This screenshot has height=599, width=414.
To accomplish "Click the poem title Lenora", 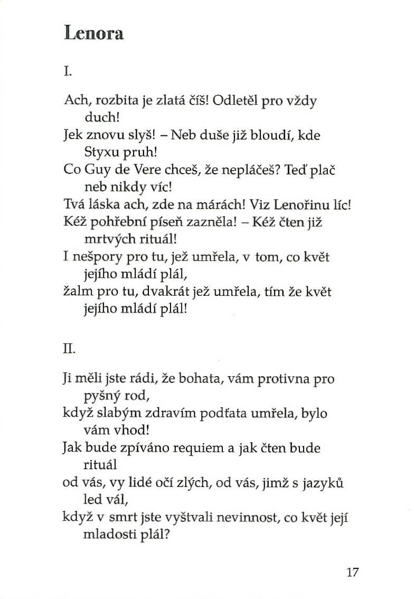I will click(93, 33).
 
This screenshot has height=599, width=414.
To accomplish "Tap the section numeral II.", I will click(69, 348).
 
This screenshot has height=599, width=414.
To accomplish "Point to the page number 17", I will click(353, 572).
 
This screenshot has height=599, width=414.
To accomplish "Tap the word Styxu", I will click(100, 153).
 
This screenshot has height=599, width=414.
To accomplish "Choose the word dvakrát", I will click(166, 292).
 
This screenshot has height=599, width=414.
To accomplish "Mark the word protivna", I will click(290, 379).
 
